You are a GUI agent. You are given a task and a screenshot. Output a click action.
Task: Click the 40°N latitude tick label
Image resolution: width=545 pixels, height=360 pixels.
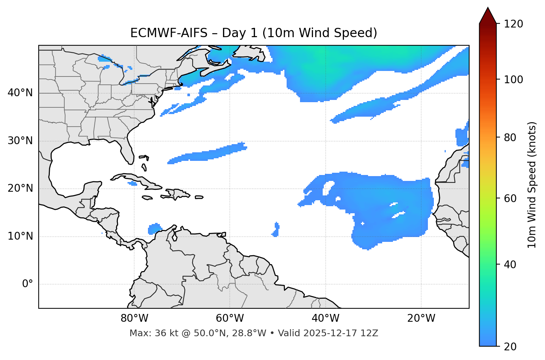[x=20, y=93]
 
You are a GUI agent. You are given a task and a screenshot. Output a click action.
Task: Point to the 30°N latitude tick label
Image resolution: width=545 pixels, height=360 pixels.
[x=20, y=141]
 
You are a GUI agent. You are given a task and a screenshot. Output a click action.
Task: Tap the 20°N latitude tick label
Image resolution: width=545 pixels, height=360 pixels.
[x=20, y=188]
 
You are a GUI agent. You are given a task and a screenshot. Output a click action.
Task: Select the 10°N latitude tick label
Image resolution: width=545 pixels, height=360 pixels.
[x=20, y=236]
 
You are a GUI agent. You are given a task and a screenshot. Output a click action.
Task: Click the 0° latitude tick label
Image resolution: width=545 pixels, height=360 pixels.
[x=28, y=284]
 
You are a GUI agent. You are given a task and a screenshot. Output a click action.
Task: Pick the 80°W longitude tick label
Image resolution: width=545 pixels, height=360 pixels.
[x=134, y=318]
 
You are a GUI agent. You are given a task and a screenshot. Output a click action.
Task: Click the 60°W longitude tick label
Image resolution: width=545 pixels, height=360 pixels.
[x=230, y=318]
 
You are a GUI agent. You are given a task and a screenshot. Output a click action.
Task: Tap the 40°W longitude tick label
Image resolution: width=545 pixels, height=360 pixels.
[x=326, y=318]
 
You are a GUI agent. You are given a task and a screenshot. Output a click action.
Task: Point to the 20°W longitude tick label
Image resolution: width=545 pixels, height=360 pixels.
[x=421, y=318]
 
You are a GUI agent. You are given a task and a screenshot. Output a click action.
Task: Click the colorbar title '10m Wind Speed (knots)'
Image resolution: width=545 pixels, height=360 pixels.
[x=532, y=185]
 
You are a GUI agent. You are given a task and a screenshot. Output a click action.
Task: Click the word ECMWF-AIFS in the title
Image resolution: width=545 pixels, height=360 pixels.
[x=169, y=33]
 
